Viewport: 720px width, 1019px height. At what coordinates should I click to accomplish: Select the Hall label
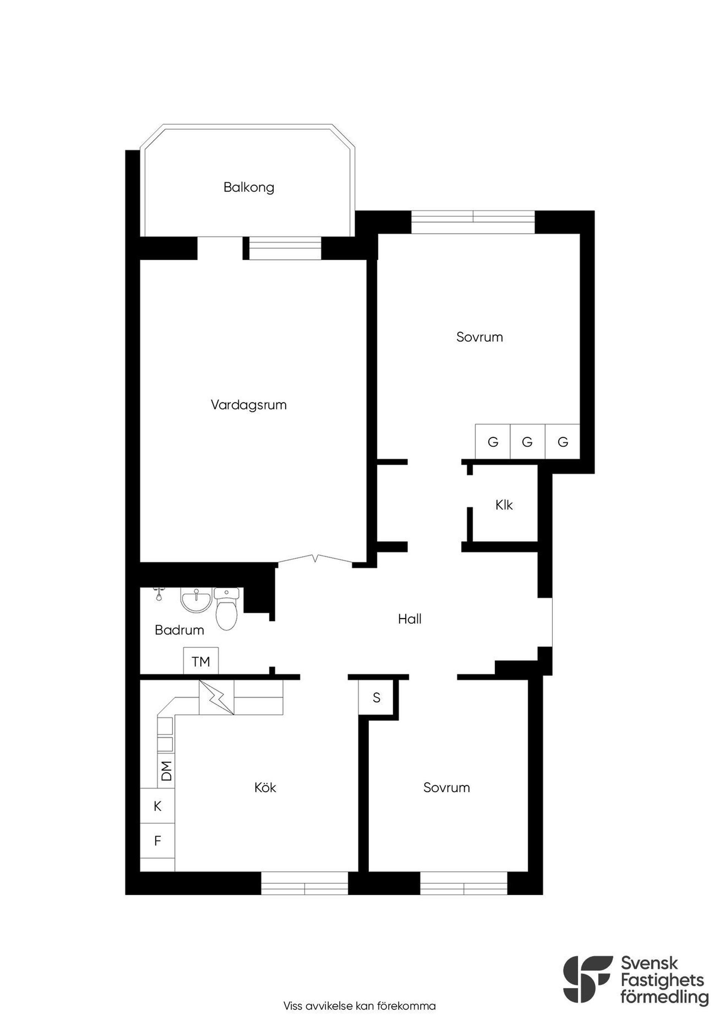(x=409, y=619)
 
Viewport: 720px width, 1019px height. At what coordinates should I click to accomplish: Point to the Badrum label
(x=179, y=630)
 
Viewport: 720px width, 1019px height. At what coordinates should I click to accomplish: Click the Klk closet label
(x=504, y=505)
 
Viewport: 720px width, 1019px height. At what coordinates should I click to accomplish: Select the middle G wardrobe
(x=528, y=442)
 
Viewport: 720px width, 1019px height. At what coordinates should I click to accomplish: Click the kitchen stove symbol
(x=216, y=697)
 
